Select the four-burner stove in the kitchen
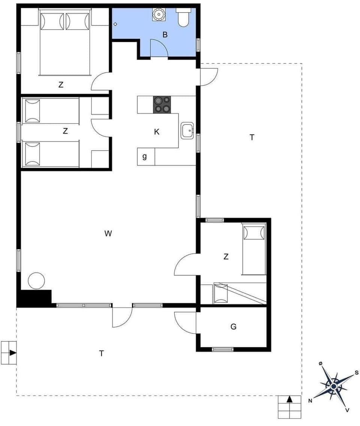162,105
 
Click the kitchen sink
187,131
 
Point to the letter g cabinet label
144,157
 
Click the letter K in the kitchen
157,132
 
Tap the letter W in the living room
108,234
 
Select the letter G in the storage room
233,327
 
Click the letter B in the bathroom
165,35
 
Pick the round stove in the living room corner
36,280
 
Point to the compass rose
333,386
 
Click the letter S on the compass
356,373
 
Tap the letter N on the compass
310,401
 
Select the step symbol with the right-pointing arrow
9,353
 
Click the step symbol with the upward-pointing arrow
289,407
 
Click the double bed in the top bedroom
65,43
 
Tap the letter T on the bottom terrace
101,353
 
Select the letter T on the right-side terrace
252,138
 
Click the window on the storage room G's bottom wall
223,350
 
